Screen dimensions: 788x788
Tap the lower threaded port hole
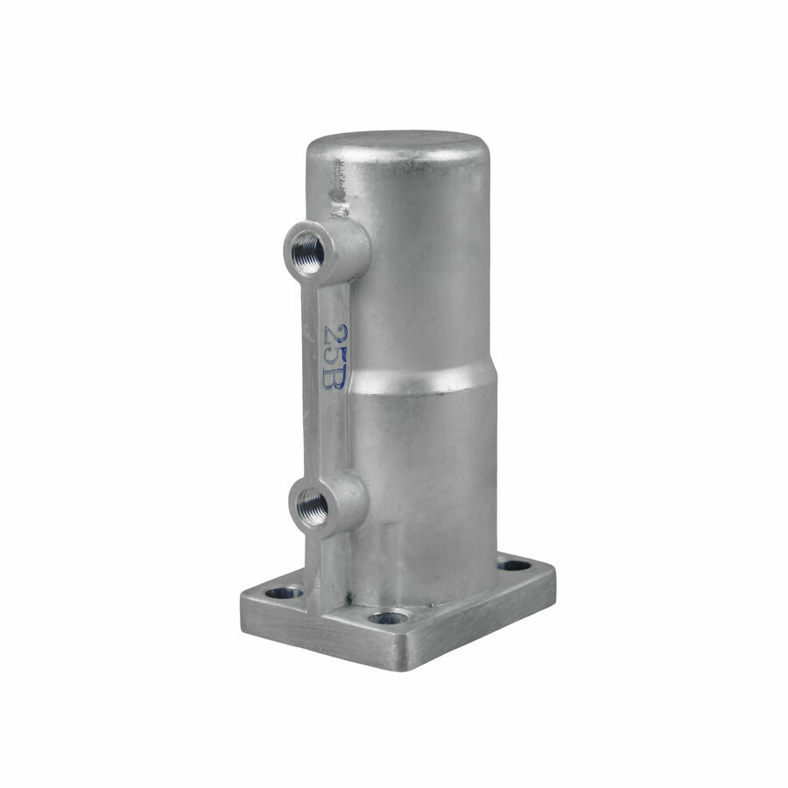(x=313, y=505)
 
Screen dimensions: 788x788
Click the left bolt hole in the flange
(x=283, y=593)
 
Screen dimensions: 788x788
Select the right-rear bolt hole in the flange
(x=514, y=566)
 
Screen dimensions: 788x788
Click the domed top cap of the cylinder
(x=398, y=144)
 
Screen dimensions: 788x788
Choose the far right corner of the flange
(x=553, y=573)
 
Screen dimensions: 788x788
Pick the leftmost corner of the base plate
(x=243, y=604)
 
